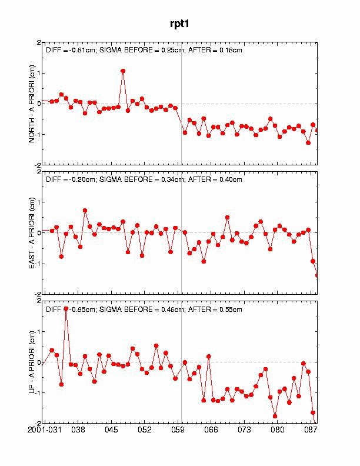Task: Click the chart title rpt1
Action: (180, 24)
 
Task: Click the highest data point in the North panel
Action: (123, 71)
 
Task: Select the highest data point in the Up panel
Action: (66, 308)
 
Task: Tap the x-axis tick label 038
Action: (78, 430)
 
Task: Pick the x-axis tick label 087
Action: (311, 430)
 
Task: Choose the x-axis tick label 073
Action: (244, 430)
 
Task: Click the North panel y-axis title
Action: (32, 104)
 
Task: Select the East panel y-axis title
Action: (32, 232)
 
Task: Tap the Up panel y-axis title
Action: (32, 361)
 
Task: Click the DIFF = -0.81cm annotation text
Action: (71, 51)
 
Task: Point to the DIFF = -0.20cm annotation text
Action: (71, 179)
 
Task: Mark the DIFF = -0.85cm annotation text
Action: (71, 309)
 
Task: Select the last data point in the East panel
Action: (318, 275)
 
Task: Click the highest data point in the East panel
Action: (85, 210)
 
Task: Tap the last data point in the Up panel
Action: (313, 412)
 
